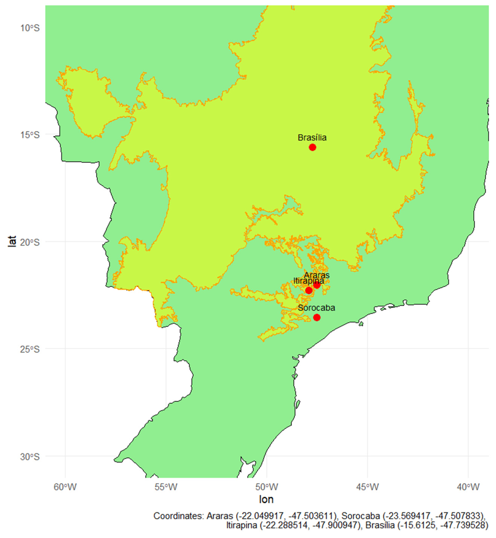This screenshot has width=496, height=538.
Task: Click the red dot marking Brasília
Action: (312, 147)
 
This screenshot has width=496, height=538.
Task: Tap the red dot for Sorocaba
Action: (317, 317)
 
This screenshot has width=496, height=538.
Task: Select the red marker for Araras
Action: (317, 285)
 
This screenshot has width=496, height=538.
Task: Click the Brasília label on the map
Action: (312, 138)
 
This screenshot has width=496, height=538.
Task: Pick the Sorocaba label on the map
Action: (317, 308)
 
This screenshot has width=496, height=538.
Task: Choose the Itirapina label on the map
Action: (309, 281)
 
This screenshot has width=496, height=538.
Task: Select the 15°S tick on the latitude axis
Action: (30, 135)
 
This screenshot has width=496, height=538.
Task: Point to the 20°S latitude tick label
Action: (30, 242)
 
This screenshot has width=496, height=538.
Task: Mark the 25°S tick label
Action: (30, 349)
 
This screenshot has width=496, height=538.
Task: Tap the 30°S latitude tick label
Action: (30, 457)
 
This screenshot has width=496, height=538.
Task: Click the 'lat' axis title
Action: (12, 241)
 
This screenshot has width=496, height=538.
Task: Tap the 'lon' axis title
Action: (266, 499)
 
